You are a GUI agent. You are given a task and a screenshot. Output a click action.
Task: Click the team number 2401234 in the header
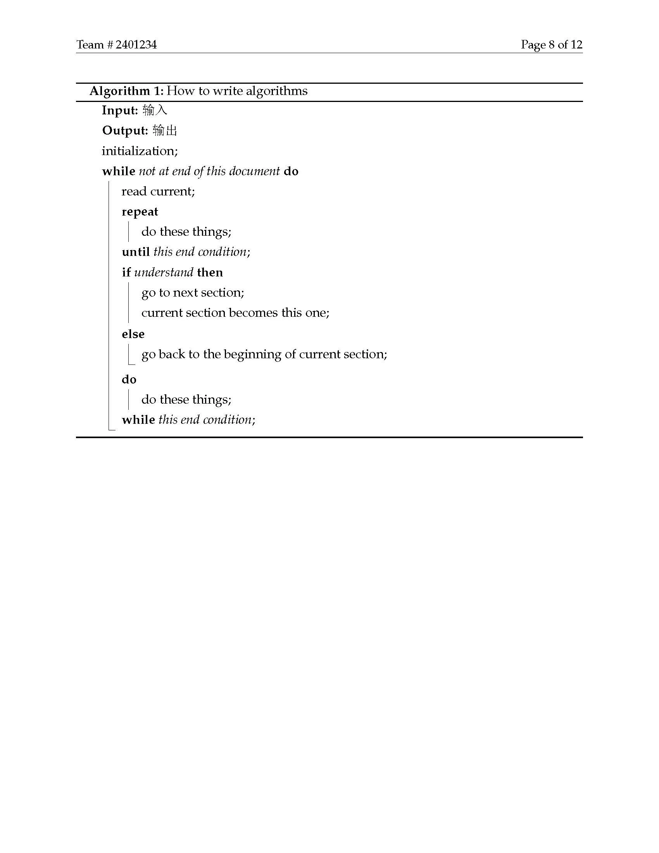[x=136, y=45]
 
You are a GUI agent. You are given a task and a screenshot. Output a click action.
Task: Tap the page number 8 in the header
[x=551, y=45]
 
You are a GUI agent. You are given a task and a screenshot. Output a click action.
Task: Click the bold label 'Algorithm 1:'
[x=126, y=91]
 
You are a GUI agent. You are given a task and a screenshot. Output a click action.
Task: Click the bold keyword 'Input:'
[x=120, y=111]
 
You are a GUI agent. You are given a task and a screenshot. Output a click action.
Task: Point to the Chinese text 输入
[x=155, y=111]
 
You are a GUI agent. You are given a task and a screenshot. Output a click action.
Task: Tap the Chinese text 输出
[x=165, y=130]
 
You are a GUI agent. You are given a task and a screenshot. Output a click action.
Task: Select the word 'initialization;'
[x=140, y=151]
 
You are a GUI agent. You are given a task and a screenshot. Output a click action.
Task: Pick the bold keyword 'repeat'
[x=140, y=212]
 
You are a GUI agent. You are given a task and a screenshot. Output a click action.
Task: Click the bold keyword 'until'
[x=135, y=252]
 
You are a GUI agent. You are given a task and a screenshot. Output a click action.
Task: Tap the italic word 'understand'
[x=164, y=272]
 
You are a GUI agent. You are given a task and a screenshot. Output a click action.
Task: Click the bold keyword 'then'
[x=210, y=272]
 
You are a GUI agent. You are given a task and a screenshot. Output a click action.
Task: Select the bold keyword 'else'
[x=133, y=334]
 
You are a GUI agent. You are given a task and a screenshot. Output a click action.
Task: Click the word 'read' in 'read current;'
[x=134, y=192]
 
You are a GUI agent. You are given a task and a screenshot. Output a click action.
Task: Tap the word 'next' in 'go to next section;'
[x=185, y=293]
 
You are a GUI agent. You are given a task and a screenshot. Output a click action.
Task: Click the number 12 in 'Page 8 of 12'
[x=576, y=45]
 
